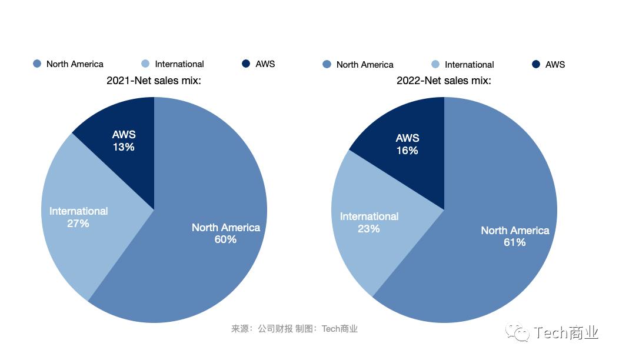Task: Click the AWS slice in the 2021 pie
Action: [127, 159]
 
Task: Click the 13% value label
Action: [124, 147]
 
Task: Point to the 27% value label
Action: [78, 224]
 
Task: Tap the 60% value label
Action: [225, 239]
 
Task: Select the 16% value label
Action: [407, 151]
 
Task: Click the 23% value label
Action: [369, 229]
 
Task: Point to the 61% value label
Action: [515, 242]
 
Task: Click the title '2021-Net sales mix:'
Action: [154, 81]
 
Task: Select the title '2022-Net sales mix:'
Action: [444, 81]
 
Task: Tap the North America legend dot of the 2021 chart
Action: [37, 64]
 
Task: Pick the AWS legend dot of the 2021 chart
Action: [246, 64]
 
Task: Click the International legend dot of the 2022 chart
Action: [435, 64]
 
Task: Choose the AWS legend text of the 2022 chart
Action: [555, 64]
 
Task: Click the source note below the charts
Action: [294, 329]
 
